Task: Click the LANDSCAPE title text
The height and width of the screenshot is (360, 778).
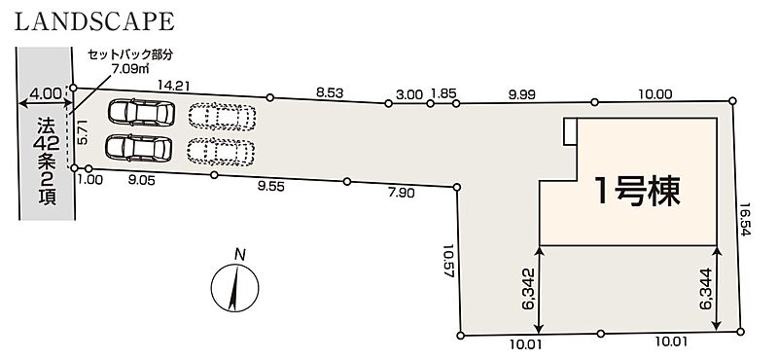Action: [94, 21]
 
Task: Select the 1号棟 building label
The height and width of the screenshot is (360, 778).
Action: [638, 192]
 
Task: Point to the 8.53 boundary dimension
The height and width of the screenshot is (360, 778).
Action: [330, 91]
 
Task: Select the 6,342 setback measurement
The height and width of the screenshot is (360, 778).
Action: [528, 289]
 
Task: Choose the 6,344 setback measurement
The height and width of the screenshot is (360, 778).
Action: [707, 289]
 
